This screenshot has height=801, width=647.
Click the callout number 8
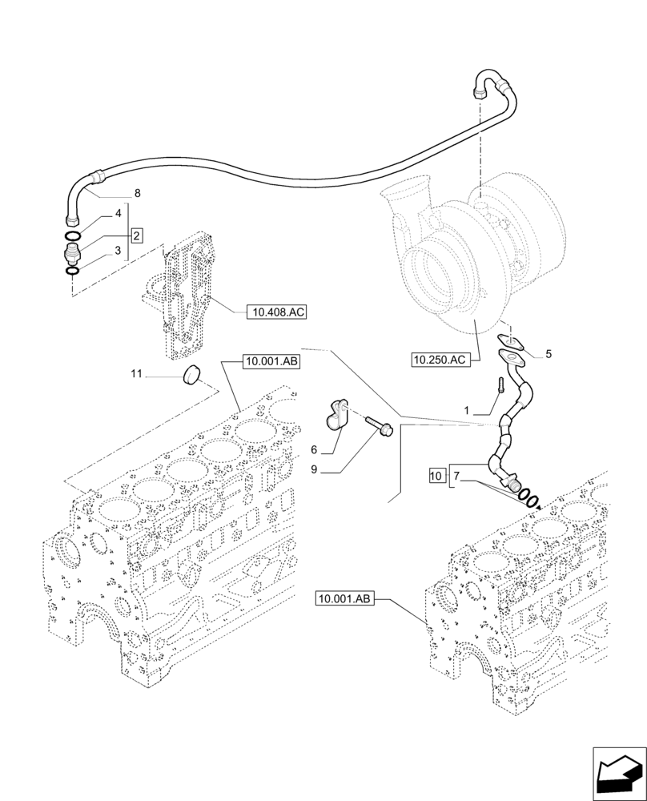point(137,193)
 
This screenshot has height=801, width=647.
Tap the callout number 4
point(118,215)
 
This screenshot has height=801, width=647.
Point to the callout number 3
point(118,252)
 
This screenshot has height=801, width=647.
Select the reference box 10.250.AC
point(439,360)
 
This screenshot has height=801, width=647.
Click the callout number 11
point(136,372)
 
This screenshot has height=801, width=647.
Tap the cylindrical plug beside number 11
point(191,373)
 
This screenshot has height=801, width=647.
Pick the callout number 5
point(549,353)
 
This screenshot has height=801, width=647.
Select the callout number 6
point(315,449)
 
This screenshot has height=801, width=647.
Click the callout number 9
point(315,469)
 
